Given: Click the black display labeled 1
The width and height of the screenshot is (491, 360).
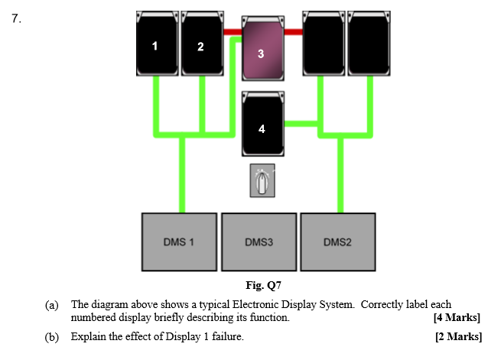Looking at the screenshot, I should click(x=157, y=44).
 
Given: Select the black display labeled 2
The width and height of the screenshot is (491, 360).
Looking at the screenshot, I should click(x=201, y=44).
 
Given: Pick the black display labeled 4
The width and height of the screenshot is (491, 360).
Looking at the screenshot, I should click(x=262, y=123).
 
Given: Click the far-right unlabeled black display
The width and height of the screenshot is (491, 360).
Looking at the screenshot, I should click(x=369, y=44).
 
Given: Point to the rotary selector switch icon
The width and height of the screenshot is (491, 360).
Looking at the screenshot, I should click(x=262, y=182).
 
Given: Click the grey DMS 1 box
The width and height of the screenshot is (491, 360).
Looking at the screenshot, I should click(x=179, y=242).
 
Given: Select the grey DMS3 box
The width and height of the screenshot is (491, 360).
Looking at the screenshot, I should click(x=259, y=242).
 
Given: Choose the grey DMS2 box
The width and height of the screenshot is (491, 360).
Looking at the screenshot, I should click(x=338, y=242).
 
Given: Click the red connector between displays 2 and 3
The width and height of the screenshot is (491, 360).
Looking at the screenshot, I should click(x=232, y=32).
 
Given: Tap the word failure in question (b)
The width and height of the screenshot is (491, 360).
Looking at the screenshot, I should click(x=226, y=336).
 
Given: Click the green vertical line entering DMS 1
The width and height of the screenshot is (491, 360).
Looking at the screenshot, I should click(x=181, y=176).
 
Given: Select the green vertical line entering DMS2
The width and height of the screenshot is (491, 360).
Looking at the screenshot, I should click(x=340, y=176).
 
